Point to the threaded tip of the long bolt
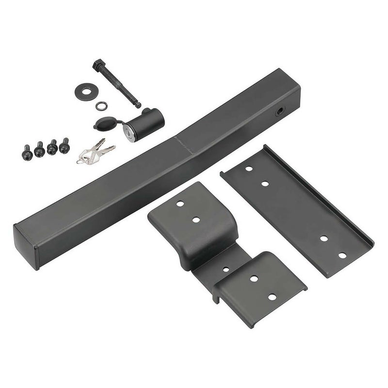[x=138, y=104]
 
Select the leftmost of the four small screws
[x=28, y=153]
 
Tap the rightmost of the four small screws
[x=65, y=145]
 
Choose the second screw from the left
[x=40, y=150]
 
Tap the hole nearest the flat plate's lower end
[x=342, y=255]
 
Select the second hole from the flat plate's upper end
[x=265, y=184]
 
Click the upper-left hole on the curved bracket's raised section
[x=179, y=204]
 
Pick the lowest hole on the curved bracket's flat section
[x=272, y=297]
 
